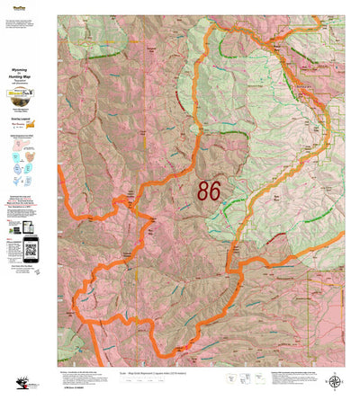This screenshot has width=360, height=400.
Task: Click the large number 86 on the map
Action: point(209,191)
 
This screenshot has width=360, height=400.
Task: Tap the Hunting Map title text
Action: point(27,78)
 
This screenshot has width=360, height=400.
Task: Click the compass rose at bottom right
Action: point(335,381)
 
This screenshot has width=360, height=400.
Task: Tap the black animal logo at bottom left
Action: point(13,381)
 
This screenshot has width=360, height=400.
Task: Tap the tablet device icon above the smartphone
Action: point(27,227)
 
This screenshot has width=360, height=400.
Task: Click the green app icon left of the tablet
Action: point(11,229)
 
